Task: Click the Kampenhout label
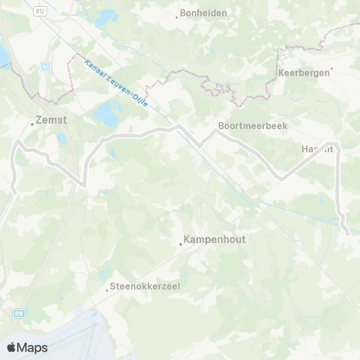click(213, 241)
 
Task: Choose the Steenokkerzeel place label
click(149, 286)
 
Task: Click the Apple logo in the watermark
click(11, 347)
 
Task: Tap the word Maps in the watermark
click(33, 347)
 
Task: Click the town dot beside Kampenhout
click(181, 243)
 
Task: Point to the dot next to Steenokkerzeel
click(107, 288)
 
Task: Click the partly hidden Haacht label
click(316, 149)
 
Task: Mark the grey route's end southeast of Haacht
click(347, 233)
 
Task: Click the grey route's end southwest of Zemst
click(14, 193)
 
